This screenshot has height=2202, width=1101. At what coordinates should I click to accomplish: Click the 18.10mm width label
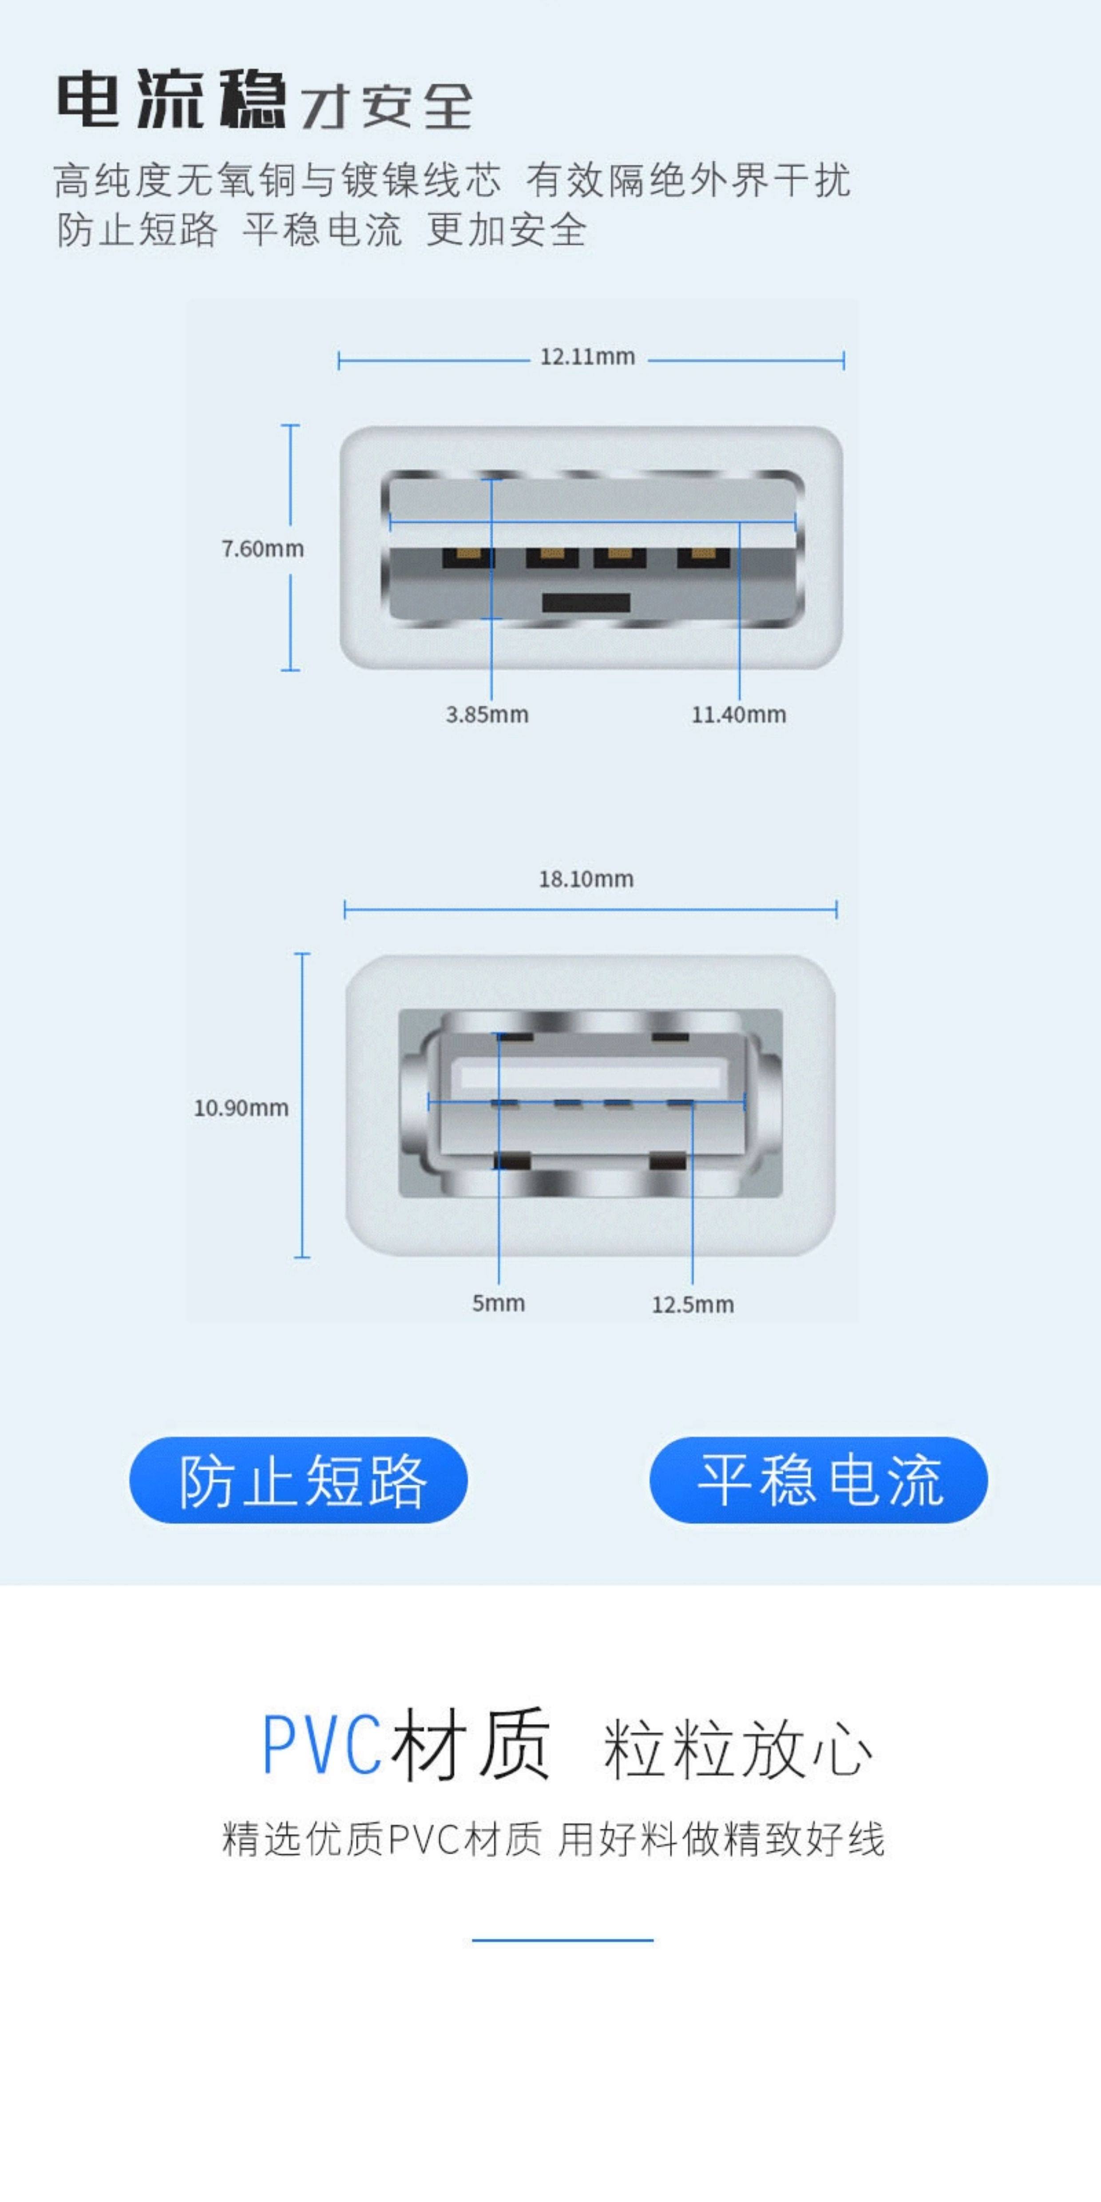(x=586, y=879)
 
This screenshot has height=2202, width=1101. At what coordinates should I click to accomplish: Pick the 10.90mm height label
(x=241, y=1108)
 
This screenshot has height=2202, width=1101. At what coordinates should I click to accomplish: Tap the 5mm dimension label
(x=499, y=1303)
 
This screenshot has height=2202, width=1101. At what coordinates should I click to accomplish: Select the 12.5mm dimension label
(x=693, y=1304)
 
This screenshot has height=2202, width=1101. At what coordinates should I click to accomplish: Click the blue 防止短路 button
(x=298, y=1480)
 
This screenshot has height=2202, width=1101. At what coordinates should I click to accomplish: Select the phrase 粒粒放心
(x=737, y=1750)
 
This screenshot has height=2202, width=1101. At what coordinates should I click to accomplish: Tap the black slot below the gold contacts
(x=586, y=602)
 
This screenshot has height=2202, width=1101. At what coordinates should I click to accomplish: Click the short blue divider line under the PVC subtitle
(x=562, y=1941)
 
